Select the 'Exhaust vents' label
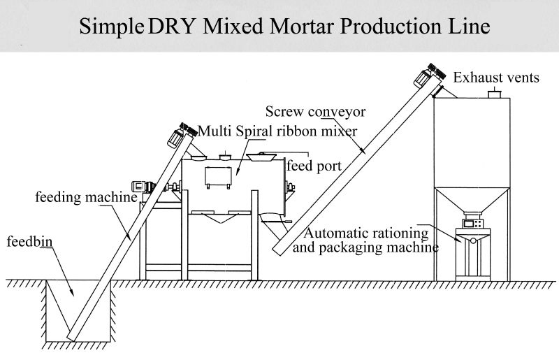click(496, 78)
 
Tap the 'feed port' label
click(314, 166)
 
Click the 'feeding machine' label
click(85, 198)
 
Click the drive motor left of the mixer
click(147, 187)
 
